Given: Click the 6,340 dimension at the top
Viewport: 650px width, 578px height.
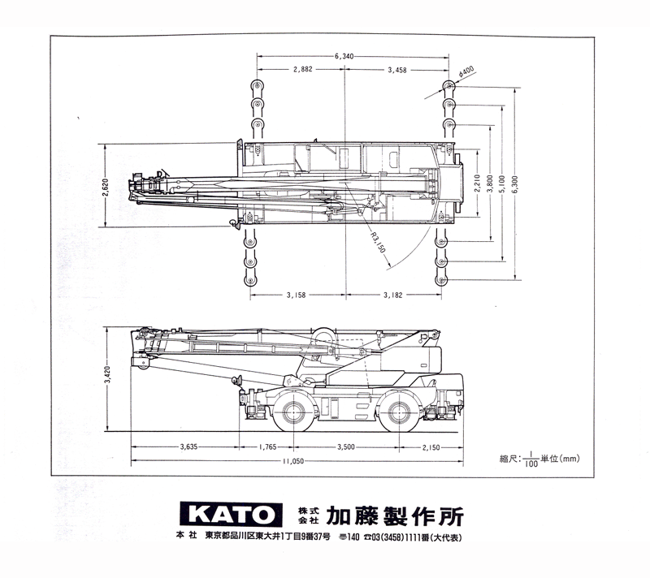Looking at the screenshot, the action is point(344,56).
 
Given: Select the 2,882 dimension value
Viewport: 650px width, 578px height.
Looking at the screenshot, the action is point(303,70).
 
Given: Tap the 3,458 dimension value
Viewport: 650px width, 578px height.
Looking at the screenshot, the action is point(397,70).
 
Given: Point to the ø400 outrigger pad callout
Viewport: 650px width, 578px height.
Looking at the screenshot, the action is point(466,71).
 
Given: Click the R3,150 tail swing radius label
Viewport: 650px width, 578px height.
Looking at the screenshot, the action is point(378,242).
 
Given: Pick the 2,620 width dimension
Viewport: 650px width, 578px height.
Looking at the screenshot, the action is point(105,188).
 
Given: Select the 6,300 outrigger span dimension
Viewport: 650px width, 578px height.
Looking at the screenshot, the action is point(515,185).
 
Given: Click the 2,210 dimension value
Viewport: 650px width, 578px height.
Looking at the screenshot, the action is point(477,183).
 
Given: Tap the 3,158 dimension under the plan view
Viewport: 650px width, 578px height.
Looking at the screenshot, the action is point(296,295).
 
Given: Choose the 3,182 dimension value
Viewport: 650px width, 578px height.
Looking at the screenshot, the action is point(392,295).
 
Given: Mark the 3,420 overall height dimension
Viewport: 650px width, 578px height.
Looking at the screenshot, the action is point(107,374).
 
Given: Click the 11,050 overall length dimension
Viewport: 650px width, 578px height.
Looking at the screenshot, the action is point(293,461).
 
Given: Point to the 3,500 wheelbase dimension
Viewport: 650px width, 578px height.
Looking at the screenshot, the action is point(346,447).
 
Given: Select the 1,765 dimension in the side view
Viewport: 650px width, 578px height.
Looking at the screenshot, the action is point(267,447).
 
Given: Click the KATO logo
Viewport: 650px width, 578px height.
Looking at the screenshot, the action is point(231,515).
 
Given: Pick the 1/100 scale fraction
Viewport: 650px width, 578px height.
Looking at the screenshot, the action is point(531,459).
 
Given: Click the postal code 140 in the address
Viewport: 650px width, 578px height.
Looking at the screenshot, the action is point(353,537).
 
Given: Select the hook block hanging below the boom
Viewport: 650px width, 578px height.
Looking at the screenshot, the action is point(237,381).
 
